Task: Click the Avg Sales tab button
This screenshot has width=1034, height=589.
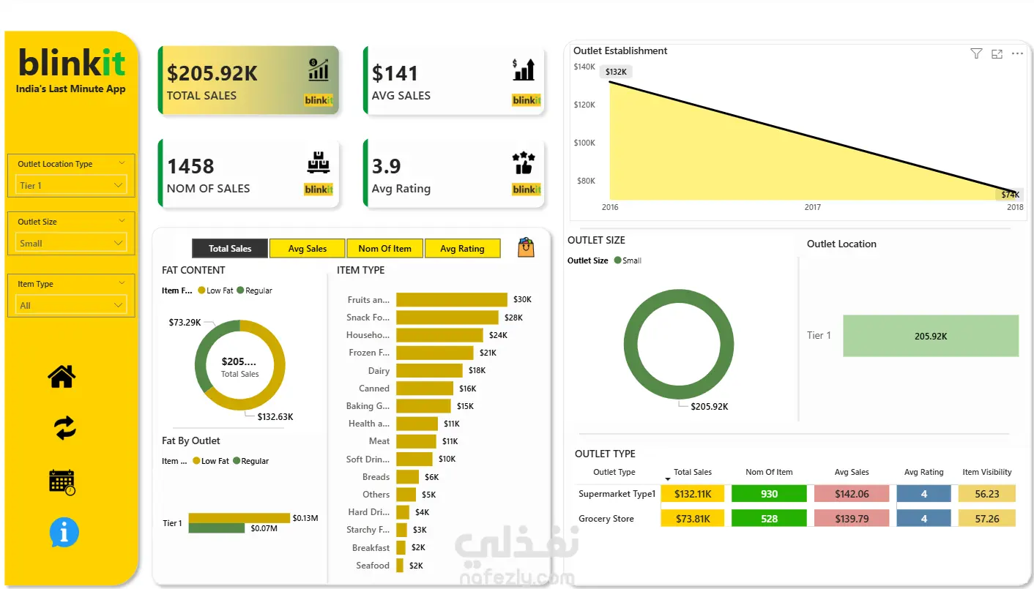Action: tap(307, 249)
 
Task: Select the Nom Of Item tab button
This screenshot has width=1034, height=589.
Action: tap(384, 249)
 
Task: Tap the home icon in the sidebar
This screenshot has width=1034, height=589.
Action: tap(62, 376)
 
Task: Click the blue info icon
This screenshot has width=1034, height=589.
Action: tap(64, 532)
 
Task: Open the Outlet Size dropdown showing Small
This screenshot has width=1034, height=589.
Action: tap(71, 243)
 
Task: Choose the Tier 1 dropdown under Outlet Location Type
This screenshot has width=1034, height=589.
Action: tap(71, 185)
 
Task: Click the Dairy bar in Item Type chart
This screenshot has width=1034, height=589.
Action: tap(429, 370)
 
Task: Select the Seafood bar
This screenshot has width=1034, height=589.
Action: tap(400, 566)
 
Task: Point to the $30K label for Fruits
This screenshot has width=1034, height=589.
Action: tap(522, 299)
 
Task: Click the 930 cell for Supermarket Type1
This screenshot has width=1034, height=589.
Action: tap(769, 494)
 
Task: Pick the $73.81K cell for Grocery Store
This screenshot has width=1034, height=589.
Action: tap(693, 519)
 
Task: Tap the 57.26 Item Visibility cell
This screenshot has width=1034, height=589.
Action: tap(987, 519)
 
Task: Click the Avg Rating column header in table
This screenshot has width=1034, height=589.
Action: tap(923, 472)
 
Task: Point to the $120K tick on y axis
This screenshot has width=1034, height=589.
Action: tap(584, 105)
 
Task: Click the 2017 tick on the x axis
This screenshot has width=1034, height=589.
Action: tap(812, 207)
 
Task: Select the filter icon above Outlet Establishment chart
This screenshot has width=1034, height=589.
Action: tap(976, 54)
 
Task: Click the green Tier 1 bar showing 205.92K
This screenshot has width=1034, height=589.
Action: tap(931, 336)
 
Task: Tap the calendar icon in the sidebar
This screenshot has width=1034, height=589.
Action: tap(62, 482)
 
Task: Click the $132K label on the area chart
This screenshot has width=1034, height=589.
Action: tap(616, 72)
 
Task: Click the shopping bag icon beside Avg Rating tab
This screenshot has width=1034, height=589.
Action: tap(526, 247)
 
